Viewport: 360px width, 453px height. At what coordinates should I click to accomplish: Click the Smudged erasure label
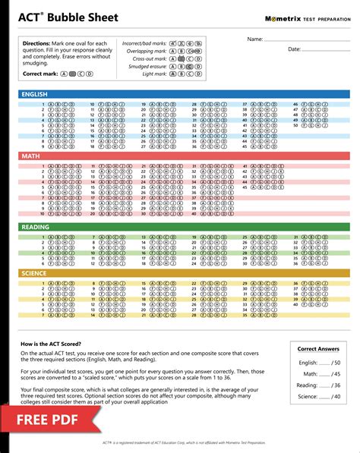click(x=147, y=66)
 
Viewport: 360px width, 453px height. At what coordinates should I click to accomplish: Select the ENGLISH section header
click(x=35, y=95)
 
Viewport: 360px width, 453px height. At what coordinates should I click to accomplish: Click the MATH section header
click(x=30, y=156)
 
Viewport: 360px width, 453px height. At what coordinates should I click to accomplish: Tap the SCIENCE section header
click(x=34, y=273)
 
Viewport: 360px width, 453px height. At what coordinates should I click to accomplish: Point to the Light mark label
click(x=155, y=74)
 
